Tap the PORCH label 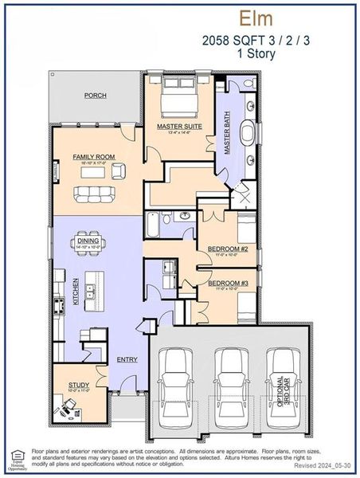(96, 96)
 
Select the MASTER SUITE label (179, 126)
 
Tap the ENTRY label (127, 359)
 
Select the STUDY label (78, 385)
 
